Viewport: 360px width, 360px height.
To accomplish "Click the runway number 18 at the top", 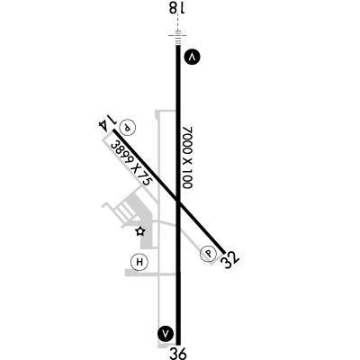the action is point(177,7).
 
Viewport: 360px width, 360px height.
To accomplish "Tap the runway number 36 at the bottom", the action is point(178,354).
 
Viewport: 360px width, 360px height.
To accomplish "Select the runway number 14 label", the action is point(107,122).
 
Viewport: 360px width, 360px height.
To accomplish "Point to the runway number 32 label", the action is point(229,259).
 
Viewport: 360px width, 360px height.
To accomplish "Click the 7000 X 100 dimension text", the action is point(188,157).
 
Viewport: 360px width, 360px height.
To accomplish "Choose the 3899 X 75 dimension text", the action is point(131,163).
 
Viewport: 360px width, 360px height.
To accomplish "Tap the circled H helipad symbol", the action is point(139,262).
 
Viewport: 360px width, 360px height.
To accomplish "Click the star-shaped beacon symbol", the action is point(140,231).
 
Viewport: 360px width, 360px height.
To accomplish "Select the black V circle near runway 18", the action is point(193,57).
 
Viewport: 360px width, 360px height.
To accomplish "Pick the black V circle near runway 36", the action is point(166,333).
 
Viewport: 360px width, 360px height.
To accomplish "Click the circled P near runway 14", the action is point(128,127).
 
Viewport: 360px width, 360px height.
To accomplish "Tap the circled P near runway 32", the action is point(209,254).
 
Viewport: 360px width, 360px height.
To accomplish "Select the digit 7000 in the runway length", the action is point(188,138).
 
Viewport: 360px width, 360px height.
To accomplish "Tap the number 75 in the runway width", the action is point(145,179).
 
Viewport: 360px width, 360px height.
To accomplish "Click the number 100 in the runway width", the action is point(187,179).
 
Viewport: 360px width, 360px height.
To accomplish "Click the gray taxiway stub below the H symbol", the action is point(150,273).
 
